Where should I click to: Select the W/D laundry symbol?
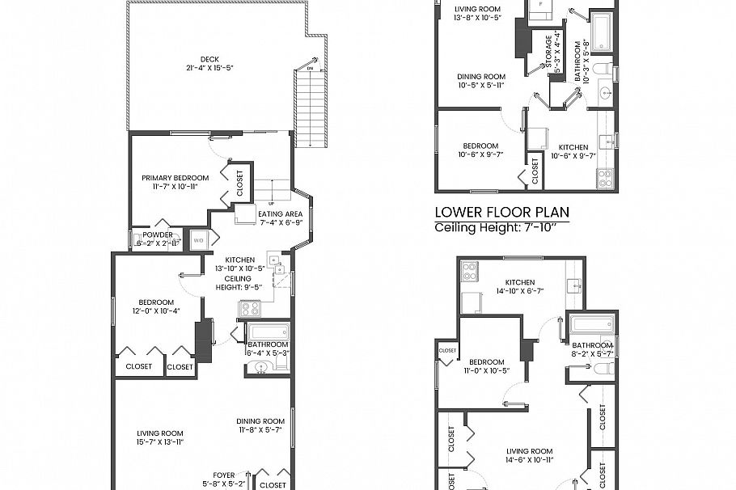point(198,239)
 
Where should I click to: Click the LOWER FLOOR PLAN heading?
point(501,213)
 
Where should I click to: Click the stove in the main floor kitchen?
point(248,308)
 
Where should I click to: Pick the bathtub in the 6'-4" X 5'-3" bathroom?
point(268,332)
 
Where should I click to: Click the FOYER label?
point(223,475)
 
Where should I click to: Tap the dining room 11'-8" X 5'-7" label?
point(260,425)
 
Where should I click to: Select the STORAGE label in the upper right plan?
point(549,50)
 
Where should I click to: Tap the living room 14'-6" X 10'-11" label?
point(529,455)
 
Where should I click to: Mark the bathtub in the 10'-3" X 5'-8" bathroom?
point(601,30)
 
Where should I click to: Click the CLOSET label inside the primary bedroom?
point(239,183)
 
